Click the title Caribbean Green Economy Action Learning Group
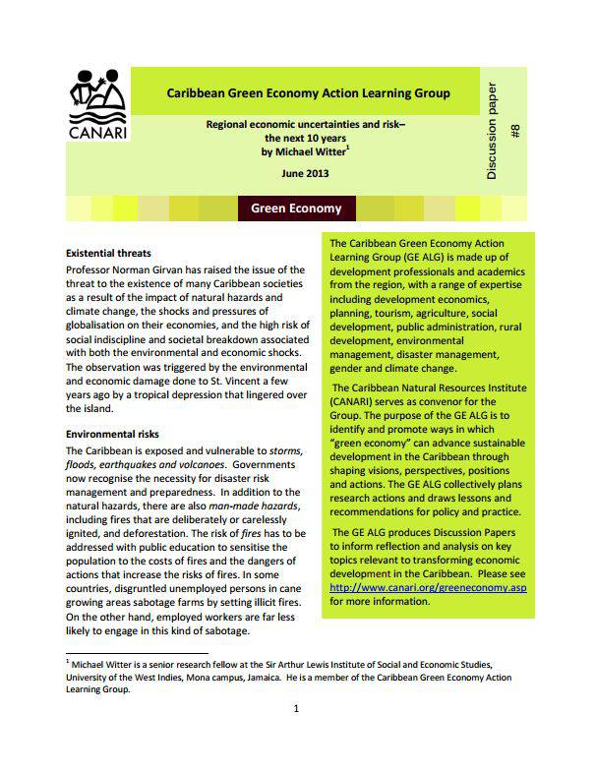tap(308, 93)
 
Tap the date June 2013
tap(305, 173)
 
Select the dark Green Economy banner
tap(296, 208)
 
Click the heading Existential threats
tap(107, 254)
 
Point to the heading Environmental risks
tap(111, 434)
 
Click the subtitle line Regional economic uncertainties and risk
tap(305, 126)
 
